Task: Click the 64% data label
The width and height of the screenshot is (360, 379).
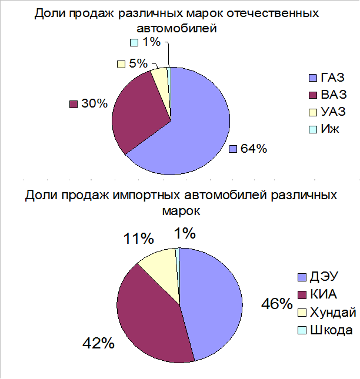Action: point(254,149)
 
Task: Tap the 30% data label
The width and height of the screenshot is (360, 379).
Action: point(94,103)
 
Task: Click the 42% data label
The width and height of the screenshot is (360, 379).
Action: point(98,343)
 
